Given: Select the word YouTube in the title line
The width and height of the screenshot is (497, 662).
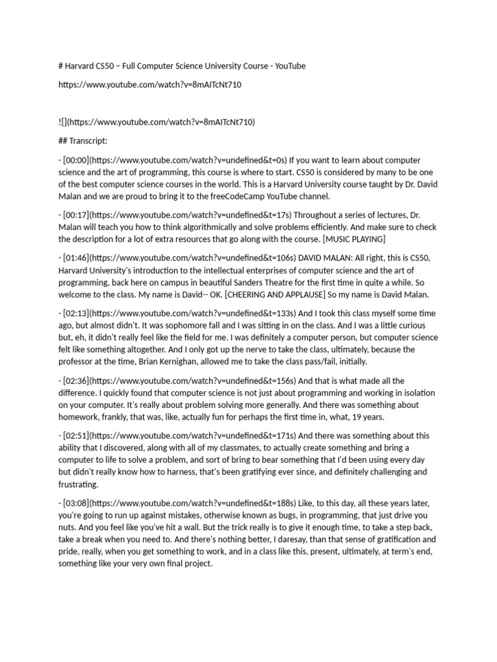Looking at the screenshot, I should tap(291, 66).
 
